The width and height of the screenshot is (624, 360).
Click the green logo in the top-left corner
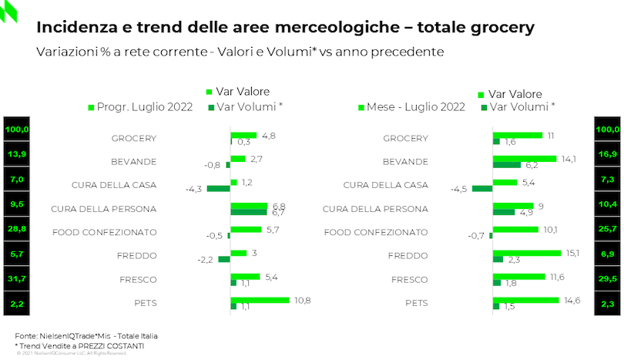coord(8,12)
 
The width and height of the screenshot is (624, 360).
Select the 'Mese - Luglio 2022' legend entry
coord(415,107)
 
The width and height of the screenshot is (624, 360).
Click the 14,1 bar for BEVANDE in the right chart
coord(525,158)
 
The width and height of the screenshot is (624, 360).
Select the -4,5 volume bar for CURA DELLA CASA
coord(482,188)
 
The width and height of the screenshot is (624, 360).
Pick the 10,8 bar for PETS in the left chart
coord(260,300)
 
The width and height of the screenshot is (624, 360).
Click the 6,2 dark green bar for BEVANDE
coord(507,165)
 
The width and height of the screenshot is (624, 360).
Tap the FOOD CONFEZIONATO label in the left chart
coord(104,232)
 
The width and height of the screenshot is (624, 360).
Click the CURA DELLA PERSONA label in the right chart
coord(375,209)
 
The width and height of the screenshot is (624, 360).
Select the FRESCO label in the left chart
coord(139,279)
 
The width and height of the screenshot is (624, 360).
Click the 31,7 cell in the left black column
coord(15,279)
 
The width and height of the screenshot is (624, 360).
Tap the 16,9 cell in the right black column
coord(608,154)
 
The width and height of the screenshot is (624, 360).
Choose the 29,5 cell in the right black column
coord(608,279)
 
